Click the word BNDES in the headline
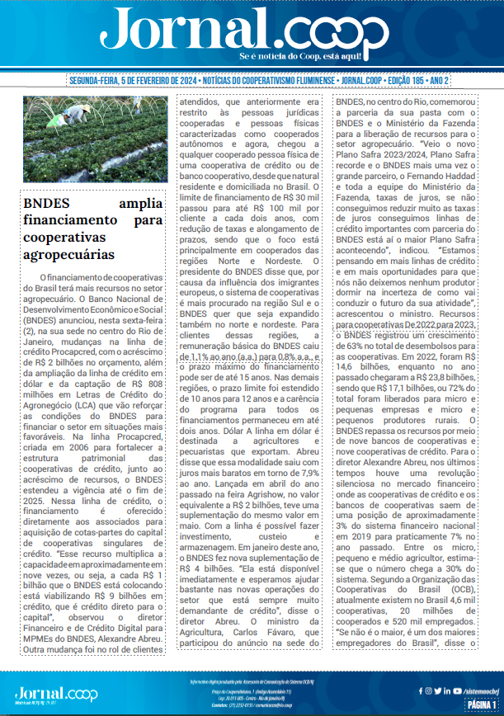tap(46, 204)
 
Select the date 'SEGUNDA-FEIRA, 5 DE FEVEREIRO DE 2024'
tap(133, 82)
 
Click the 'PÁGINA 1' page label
tap(483, 704)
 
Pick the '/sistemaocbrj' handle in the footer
tap(476, 690)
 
